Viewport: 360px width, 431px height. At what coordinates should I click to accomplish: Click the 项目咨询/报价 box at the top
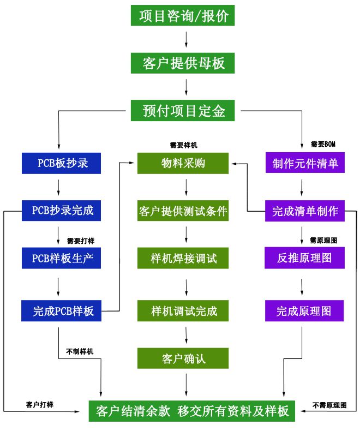click(183, 15)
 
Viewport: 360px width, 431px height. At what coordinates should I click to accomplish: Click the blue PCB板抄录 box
click(62, 163)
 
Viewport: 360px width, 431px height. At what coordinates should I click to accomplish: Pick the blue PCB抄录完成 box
click(62, 210)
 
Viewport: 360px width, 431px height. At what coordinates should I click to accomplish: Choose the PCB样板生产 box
click(62, 258)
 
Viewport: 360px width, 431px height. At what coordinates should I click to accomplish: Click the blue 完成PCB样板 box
click(62, 311)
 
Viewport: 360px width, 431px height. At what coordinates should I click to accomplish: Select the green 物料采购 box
click(183, 163)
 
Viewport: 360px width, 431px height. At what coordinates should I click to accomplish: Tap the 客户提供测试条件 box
click(183, 210)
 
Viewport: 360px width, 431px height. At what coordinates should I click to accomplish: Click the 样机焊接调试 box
click(183, 258)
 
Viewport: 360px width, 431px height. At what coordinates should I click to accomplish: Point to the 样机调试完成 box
click(183, 311)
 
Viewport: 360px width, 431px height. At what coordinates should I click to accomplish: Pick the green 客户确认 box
click(183, 358)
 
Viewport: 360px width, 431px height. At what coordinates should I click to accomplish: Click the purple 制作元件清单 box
click(305, 163)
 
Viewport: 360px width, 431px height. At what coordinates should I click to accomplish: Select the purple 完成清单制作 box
click(305, 210)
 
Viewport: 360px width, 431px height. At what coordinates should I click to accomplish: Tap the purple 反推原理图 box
click(305, 258)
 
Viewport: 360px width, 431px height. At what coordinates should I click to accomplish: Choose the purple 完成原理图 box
click(305, 311)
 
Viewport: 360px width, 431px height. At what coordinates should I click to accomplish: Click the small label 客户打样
click(40, 404)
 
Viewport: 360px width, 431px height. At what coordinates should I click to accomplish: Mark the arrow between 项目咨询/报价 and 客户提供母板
click(187, 39)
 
